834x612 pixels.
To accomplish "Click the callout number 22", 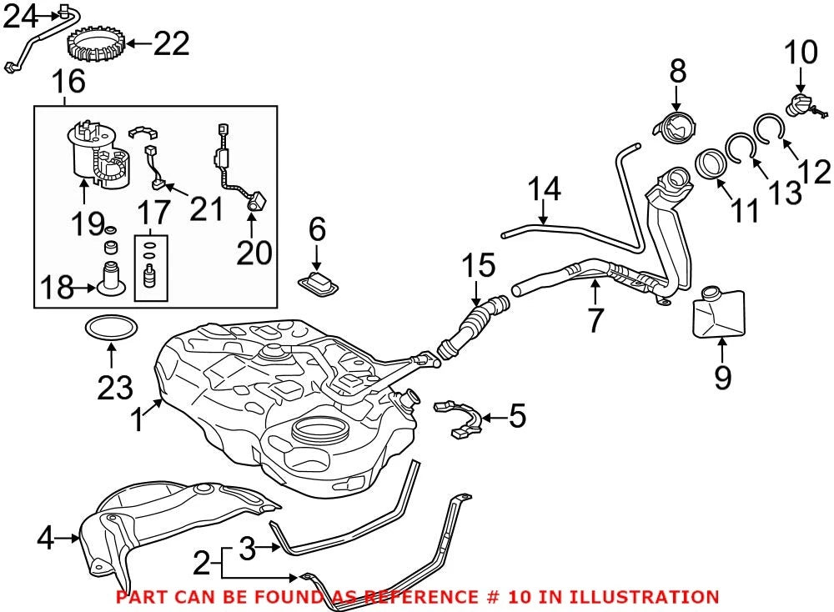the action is (171, 43).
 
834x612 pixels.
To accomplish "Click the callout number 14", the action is (544, 189).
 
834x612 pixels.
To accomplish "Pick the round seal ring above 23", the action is (111, 328).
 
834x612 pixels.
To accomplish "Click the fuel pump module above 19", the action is (99, 155).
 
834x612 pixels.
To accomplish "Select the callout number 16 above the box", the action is (68, 82).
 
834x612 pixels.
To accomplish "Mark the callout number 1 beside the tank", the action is (138, 419).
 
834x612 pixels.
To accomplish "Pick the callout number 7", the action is (595, 319).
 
